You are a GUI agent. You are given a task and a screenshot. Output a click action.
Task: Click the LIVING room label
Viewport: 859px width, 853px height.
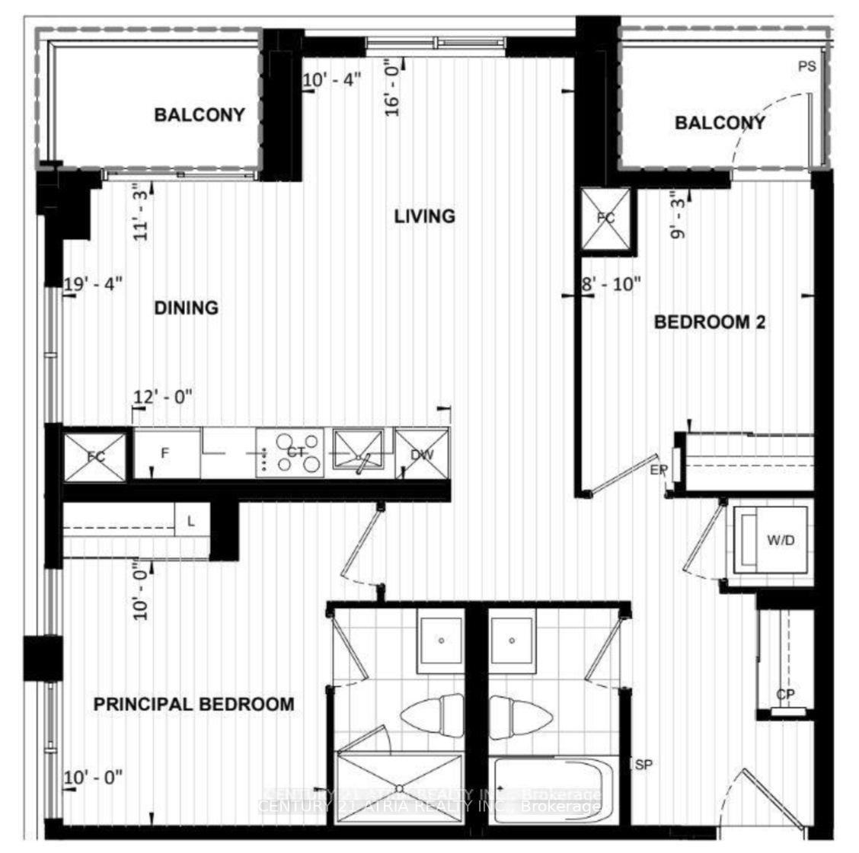click(x=424, y=216)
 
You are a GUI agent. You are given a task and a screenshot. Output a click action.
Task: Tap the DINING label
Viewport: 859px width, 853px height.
click(x=187, y=308)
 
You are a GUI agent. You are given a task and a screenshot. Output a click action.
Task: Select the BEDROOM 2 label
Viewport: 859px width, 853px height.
click(x=710, y=322)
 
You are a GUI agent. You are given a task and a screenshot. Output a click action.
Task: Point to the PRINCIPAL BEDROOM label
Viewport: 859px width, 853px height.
click(x=193, y=704)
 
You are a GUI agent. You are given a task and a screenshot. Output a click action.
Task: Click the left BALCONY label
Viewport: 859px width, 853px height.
click(x=200, y=115)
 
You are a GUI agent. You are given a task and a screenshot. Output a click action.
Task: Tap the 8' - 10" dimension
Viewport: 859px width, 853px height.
click(x=612, y=283)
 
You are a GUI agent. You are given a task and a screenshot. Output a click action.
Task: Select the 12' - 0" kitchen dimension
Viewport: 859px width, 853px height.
click(x=163, y=396)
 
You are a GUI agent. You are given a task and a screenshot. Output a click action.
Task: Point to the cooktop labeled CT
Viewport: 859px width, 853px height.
click(x=290, y=452)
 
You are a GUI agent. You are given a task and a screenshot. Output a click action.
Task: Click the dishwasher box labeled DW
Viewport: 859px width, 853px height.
click(x=422, y=454)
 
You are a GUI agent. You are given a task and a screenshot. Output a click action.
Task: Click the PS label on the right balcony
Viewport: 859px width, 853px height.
click(x=806, y=66)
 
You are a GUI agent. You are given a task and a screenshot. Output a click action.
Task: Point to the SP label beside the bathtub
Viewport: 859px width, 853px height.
click(x=643, y=765)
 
